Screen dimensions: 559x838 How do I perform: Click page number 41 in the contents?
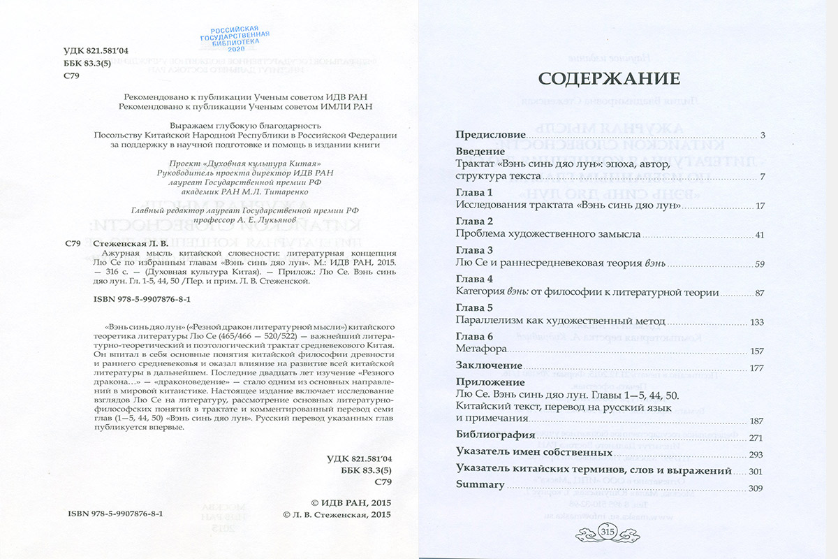click(760, 235)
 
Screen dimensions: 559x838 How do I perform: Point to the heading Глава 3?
click(474, 250)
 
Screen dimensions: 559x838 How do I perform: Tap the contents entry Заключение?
click(489, 365)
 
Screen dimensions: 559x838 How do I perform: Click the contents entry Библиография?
click(495, 435)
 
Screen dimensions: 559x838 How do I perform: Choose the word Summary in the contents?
click(480, 485)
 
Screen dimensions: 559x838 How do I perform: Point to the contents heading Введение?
click(480, 151)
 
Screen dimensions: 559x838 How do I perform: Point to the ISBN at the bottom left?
click(115, 513)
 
